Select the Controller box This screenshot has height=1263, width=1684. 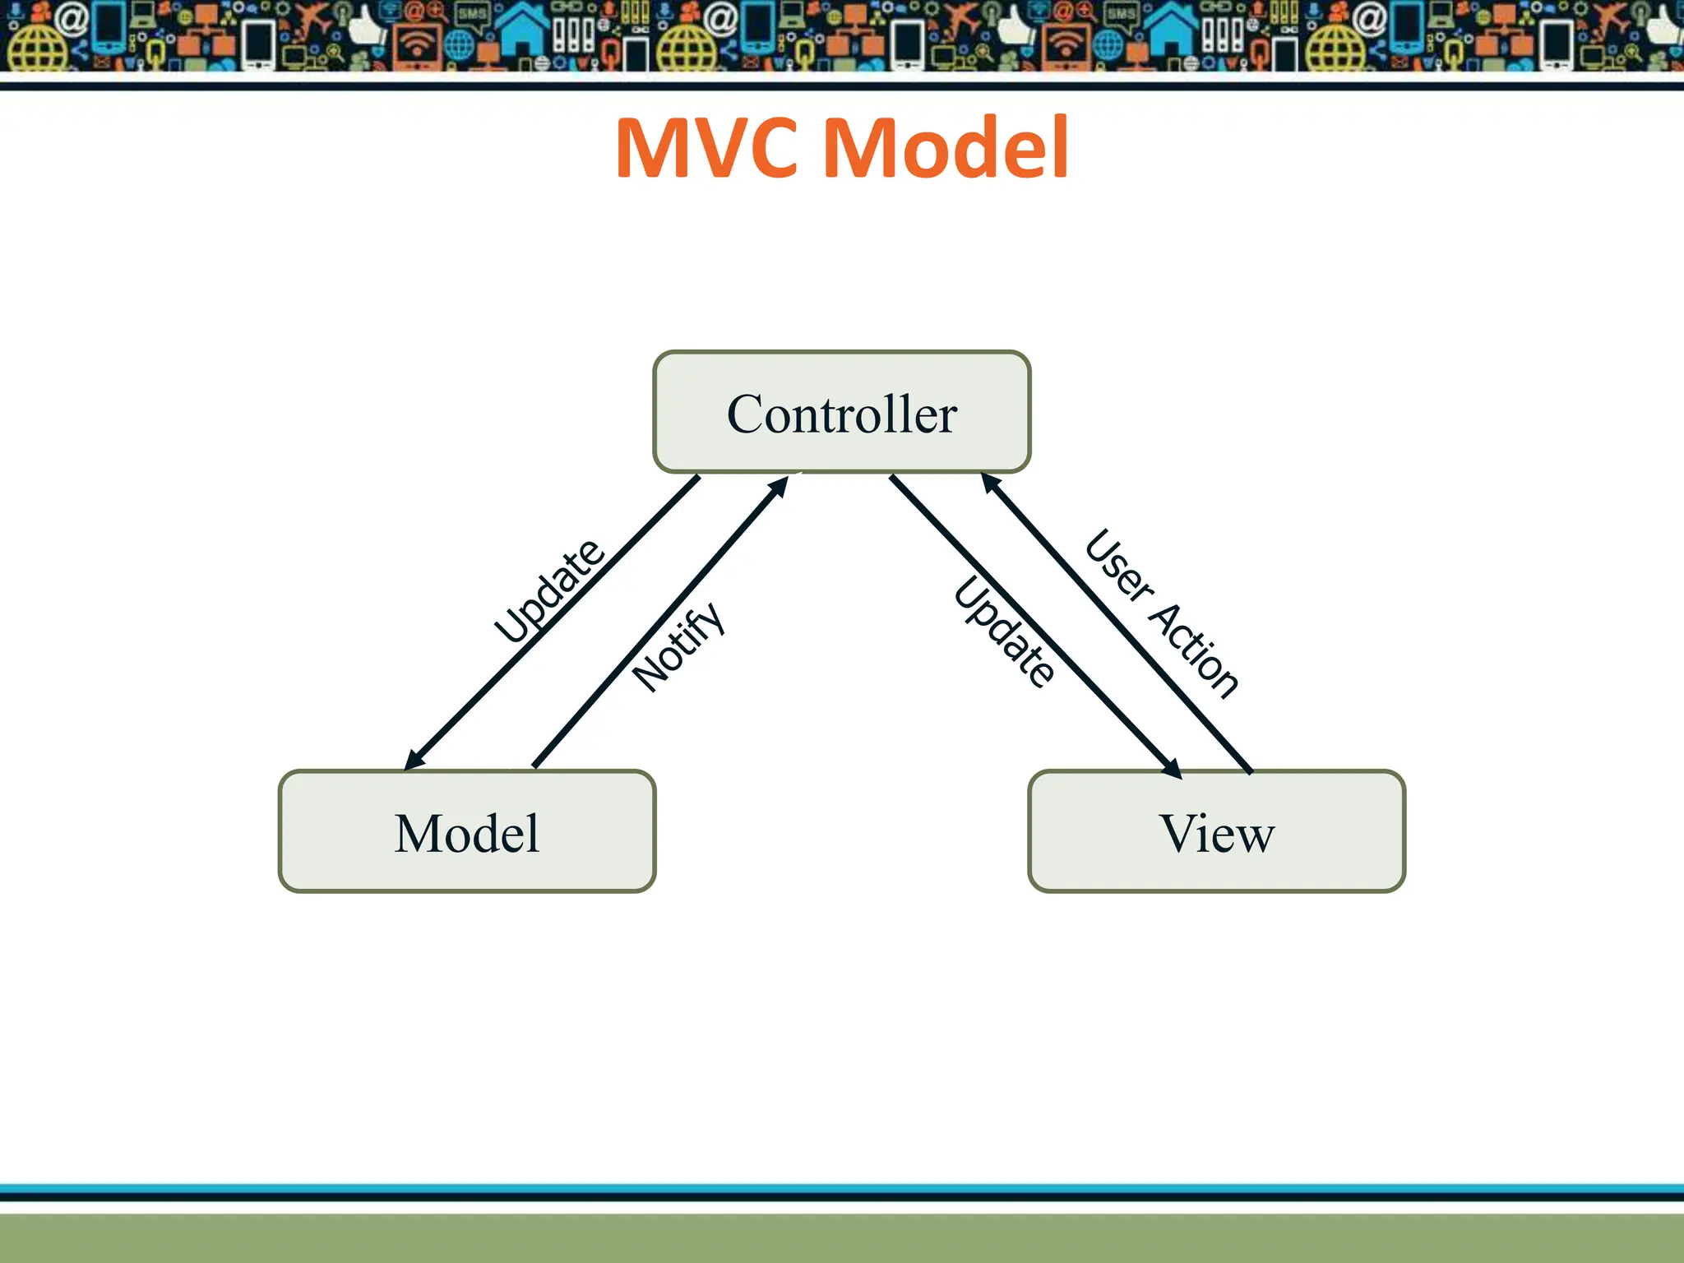click(841, 412)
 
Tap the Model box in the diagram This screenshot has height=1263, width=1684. click(467, 831)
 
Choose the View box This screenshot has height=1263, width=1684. click(1216, 831)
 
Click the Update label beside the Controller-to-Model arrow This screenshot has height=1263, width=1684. click(549, 590)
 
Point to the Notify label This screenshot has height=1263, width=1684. click(679, 647)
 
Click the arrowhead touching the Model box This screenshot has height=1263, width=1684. click(414, 760)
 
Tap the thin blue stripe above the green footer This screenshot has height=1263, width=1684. click(842, 1188)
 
